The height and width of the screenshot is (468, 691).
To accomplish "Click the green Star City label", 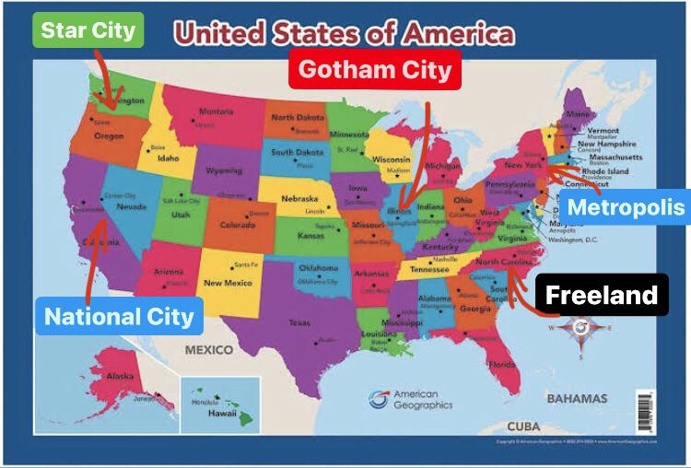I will pos(89,29).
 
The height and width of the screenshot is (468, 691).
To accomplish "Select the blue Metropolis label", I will pos(626,206).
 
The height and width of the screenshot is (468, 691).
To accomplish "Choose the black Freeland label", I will pos(602,296).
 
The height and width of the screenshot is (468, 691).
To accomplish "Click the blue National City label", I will pos(120,317).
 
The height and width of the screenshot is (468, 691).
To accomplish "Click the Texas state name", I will pos(299,322).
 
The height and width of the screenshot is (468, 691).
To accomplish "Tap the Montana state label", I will pos(216,112).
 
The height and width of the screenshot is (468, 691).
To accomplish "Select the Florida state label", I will pos(503,364).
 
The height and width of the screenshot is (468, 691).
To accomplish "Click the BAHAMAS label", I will pos(577,398).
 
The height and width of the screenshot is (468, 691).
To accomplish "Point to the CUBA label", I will pos(523,426).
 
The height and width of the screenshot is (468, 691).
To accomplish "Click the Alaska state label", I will pos(119,376).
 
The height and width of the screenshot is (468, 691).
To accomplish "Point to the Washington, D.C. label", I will pos(573,240).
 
